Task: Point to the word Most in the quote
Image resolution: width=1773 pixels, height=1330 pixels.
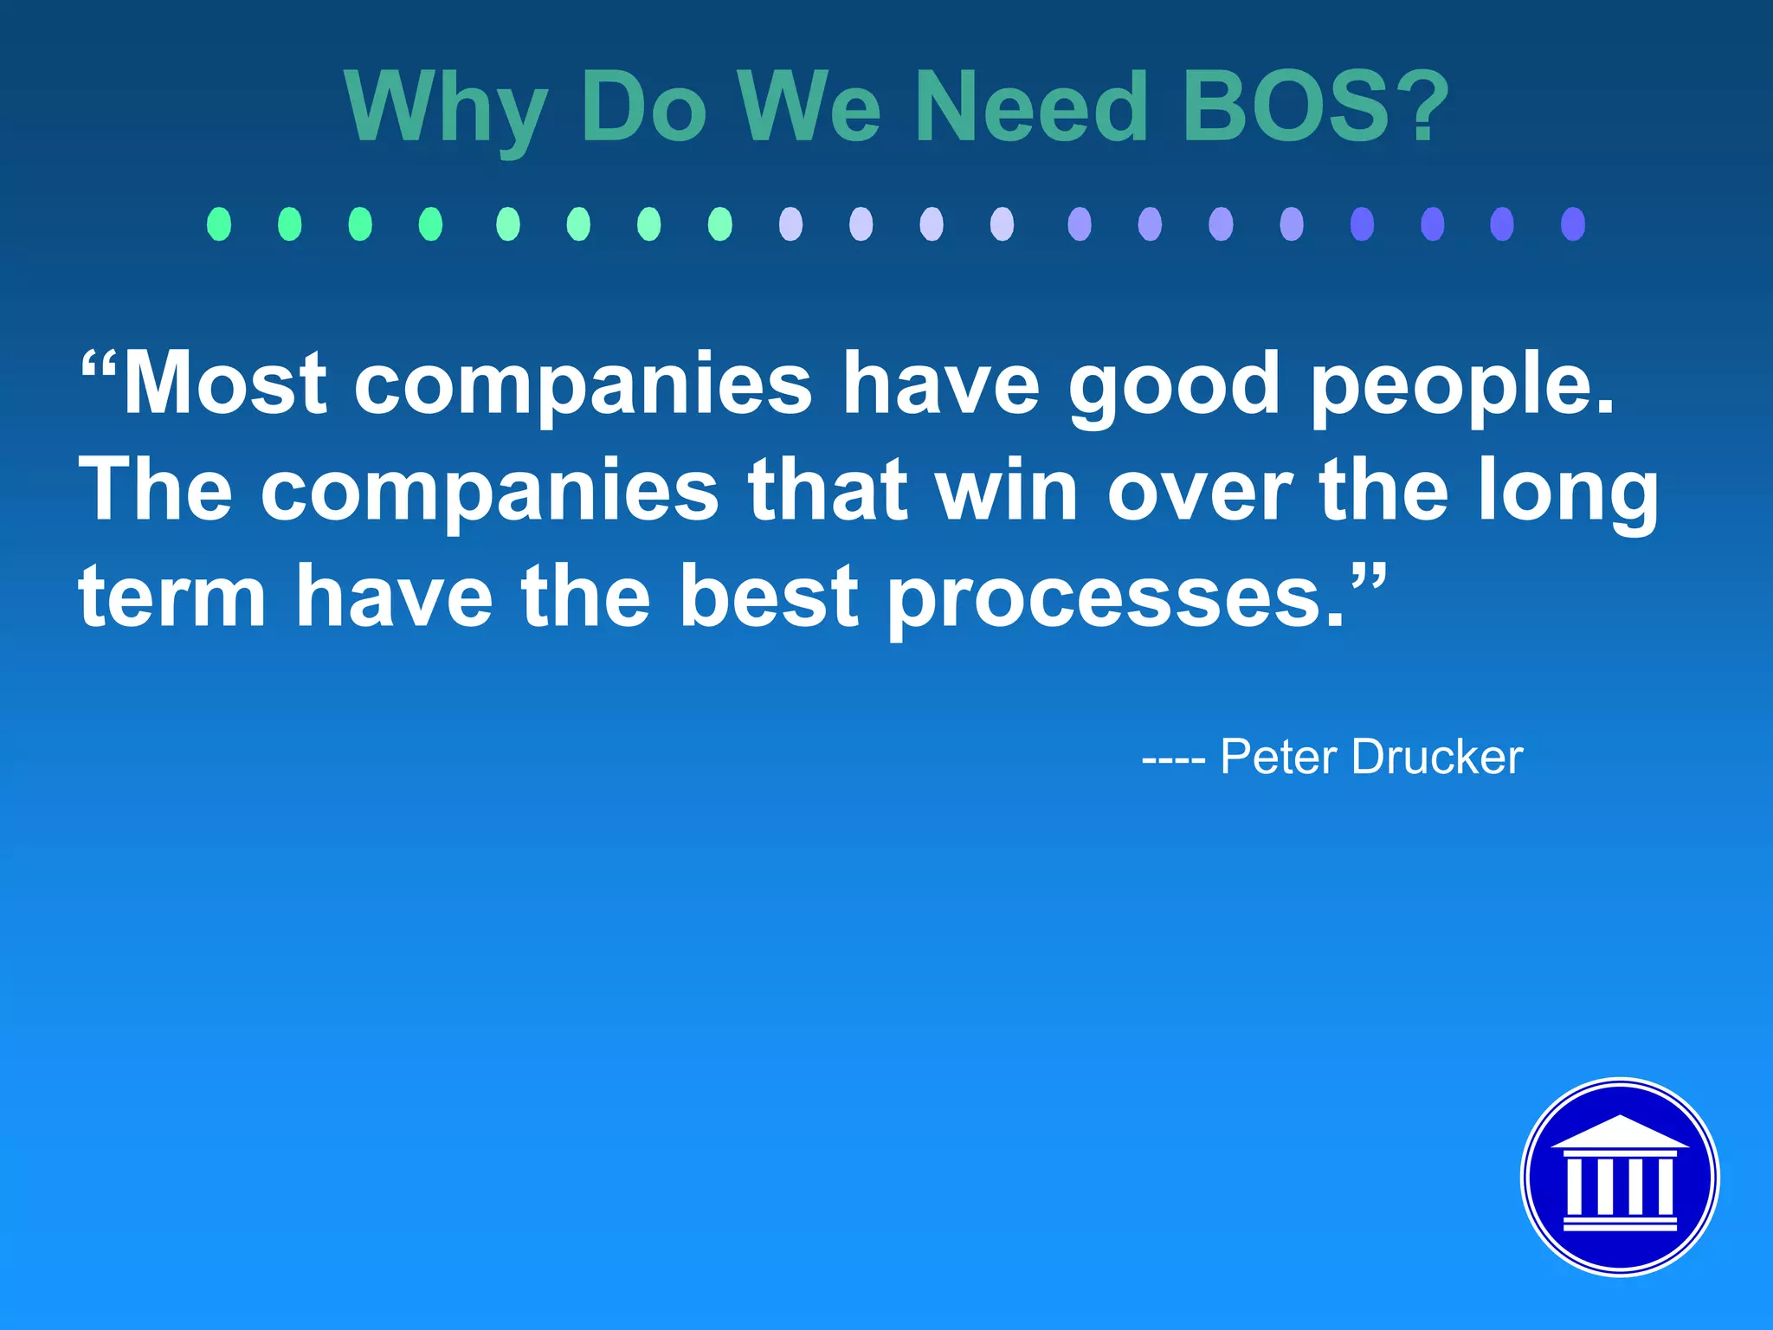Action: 224,384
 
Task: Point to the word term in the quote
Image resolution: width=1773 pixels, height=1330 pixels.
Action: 172,597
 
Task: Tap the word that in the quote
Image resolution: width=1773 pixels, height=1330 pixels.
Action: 828,490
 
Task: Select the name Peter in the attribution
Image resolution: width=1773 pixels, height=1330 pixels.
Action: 1279,757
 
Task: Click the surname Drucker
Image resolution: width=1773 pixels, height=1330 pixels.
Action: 1437,757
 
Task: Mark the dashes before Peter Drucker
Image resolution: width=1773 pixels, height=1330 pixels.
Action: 1173,760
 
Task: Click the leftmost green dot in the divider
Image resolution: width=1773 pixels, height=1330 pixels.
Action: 219,224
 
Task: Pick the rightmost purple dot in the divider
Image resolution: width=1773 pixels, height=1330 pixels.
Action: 1572,224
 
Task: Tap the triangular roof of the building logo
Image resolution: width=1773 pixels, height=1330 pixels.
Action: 1620,1133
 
